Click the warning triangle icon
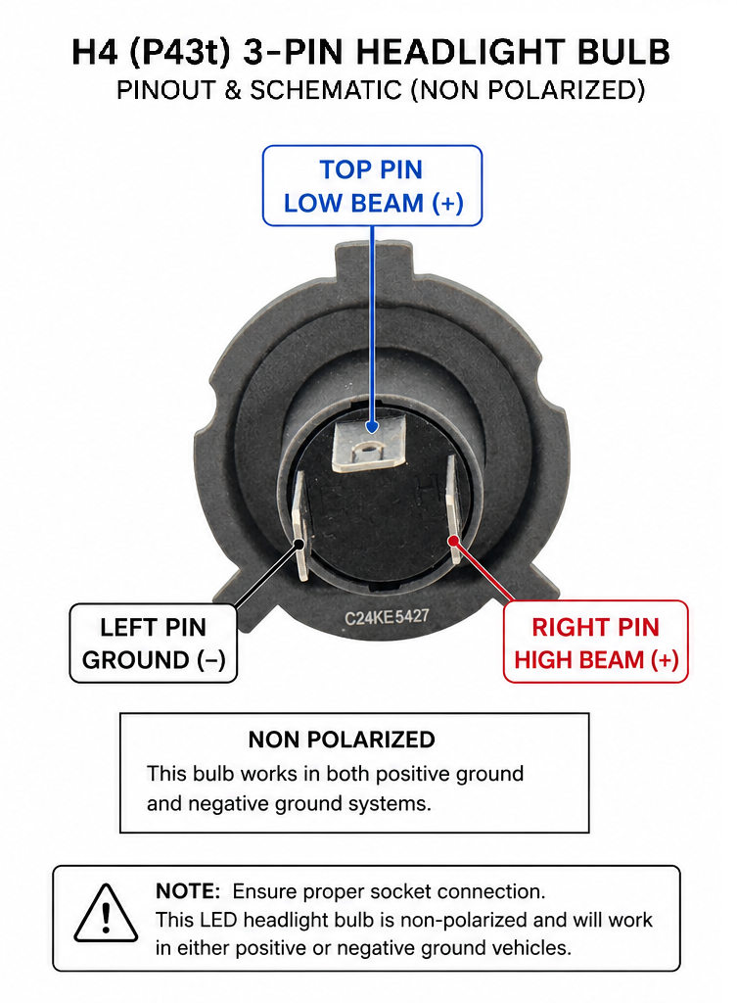tap(106, 914)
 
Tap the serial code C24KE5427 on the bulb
tap(387, 617)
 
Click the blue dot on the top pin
tap(372, 427)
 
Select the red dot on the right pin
tap(453, 541)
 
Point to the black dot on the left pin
tap(299, 544)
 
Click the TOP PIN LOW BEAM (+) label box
tap(372, 185)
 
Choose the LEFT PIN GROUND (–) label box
tap(154, 643)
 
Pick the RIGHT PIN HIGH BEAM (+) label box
tap(596, 642)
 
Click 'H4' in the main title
tap(95, 53)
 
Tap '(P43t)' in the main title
tap(180, 53)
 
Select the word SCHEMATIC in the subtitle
tap(326, 90)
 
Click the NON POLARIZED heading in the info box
tap(342, 740)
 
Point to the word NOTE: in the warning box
tap(188, 891)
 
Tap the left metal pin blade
tap(299, 526)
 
